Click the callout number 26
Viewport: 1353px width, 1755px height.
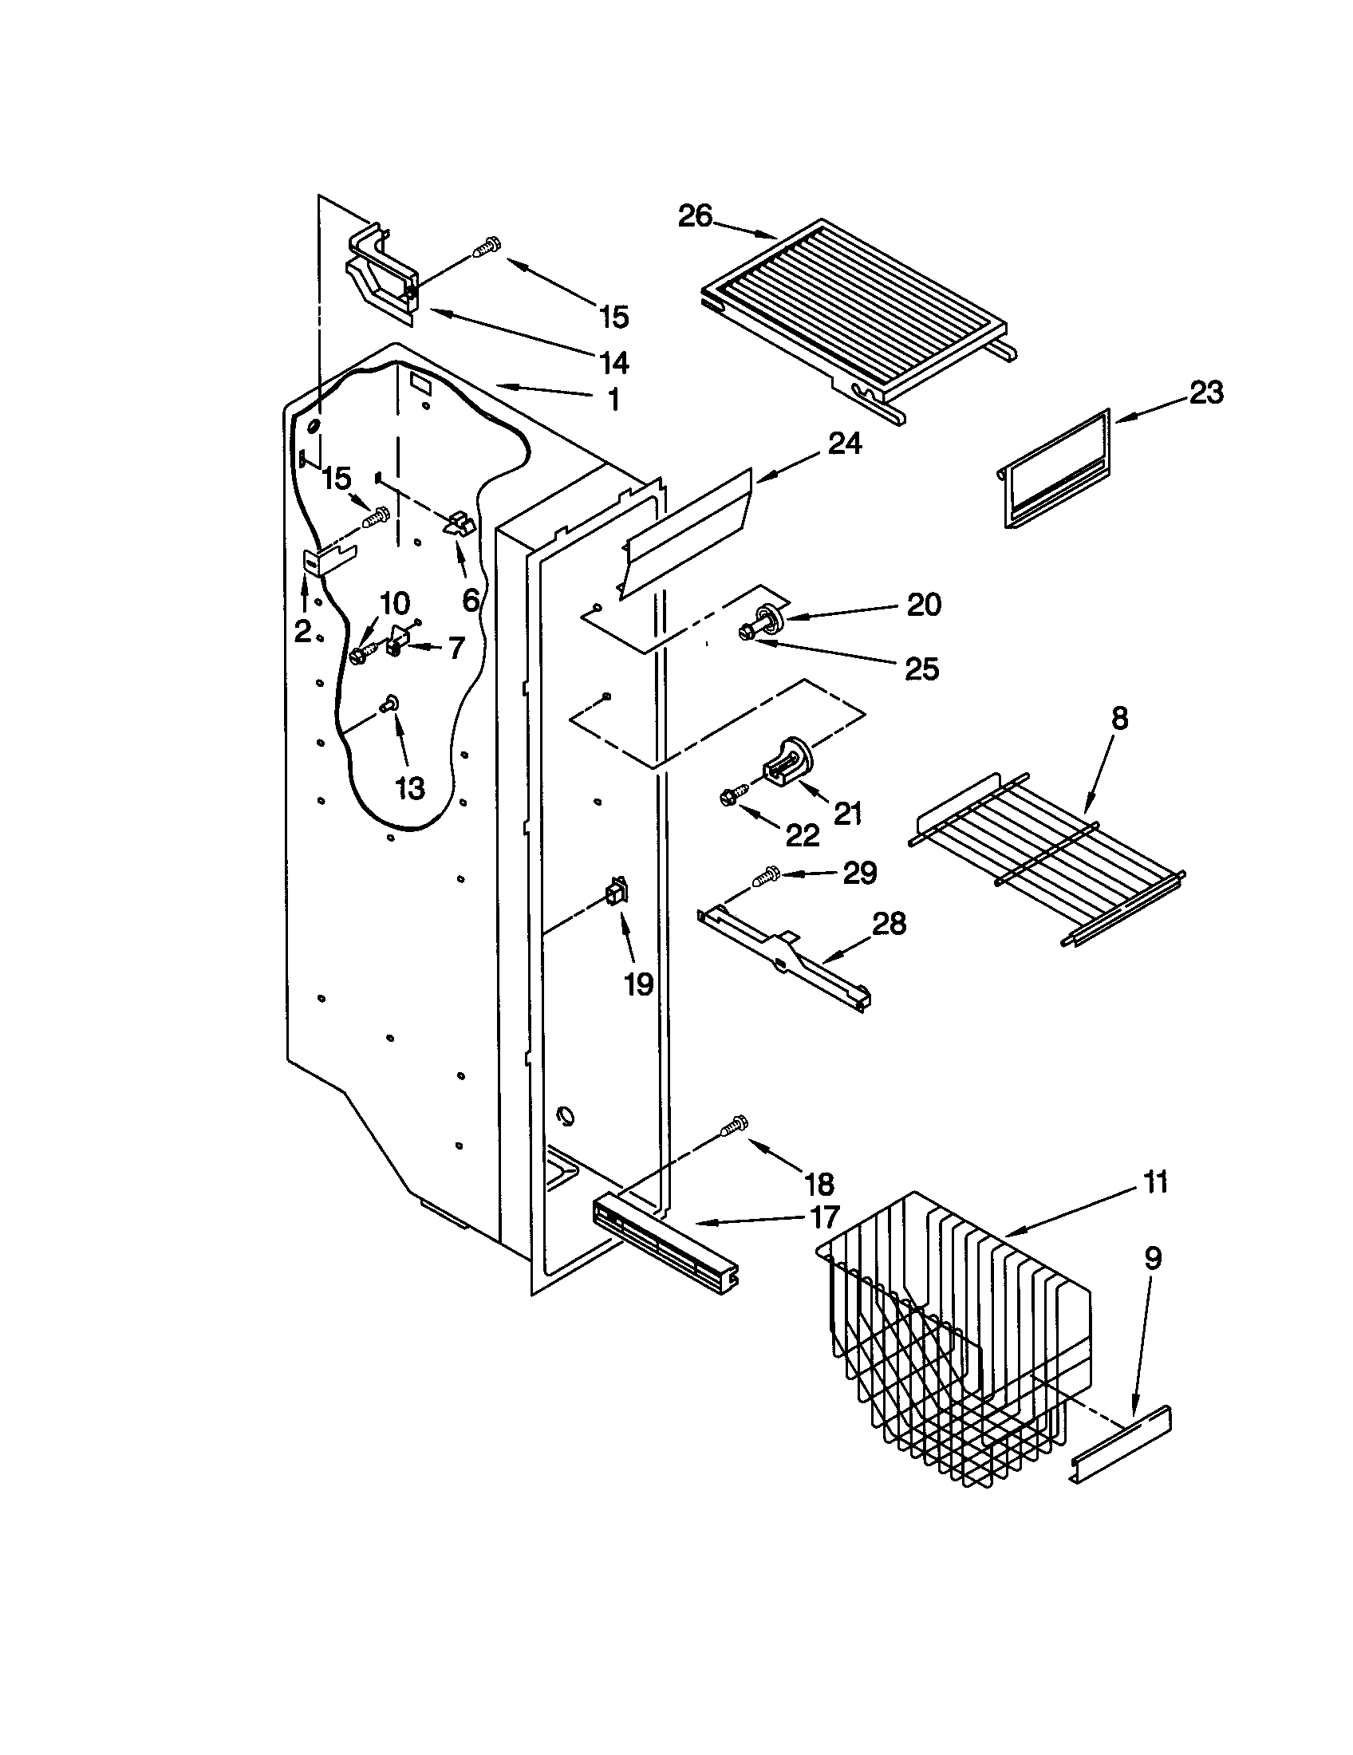(695, 216)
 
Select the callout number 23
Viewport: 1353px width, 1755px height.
(1205, 392)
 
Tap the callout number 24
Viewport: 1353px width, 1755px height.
(844, 443)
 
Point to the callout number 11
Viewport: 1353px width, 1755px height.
(1155, 1182)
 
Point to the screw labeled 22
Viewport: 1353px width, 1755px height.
(730, 799)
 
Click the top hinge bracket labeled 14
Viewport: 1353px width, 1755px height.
(381, 273)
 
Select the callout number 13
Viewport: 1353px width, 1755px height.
(410, 788)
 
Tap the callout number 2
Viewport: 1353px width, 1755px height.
(302, 632)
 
